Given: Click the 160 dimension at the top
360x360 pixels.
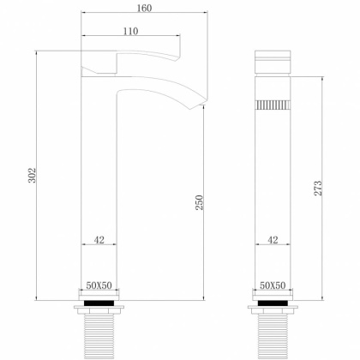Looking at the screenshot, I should [x=143, y=9].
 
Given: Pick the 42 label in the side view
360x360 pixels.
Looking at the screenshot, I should [x=99, y=241].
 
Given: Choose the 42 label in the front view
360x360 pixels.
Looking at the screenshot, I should [x=273, y=241].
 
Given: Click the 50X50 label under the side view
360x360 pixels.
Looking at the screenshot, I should [x=100, y=285].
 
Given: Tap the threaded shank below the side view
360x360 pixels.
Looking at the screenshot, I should [x=99, y=334].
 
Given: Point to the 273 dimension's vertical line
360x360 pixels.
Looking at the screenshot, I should [x=321, y=129].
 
